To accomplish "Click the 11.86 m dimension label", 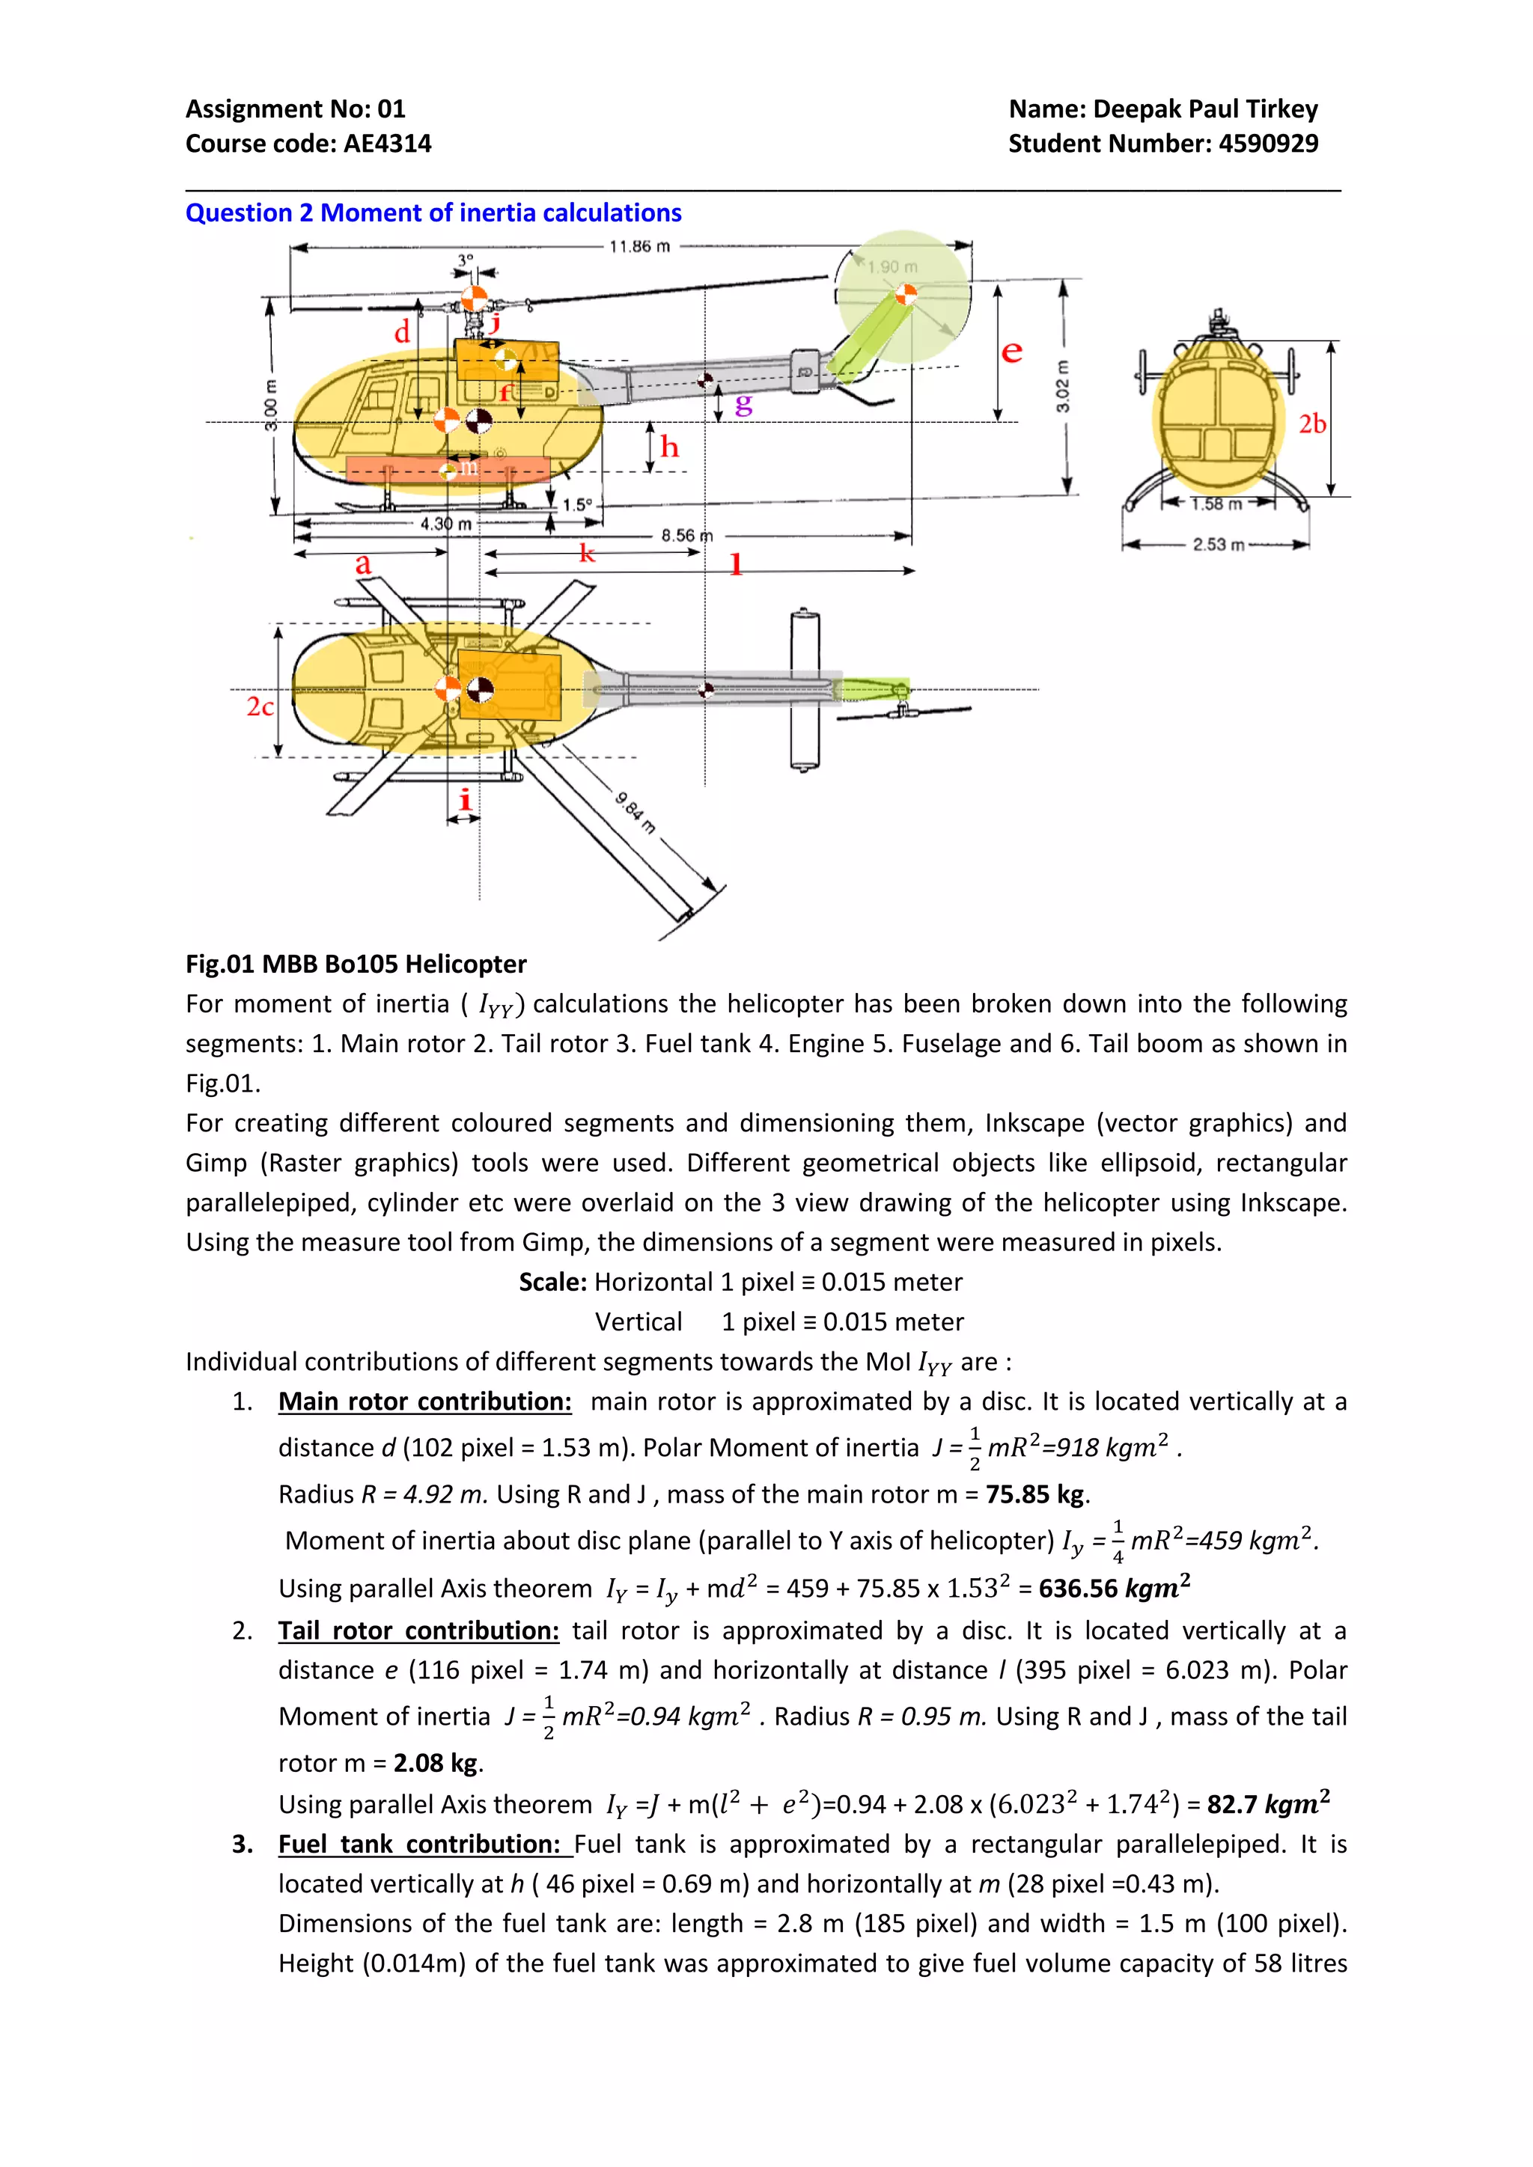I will [x=639, y=246].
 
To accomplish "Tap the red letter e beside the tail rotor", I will [x=1011, y=352].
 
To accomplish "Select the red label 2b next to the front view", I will [x=1312, y=424].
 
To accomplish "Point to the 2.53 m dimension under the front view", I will [x=1218, y=545].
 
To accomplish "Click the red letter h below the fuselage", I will [x=669, y=447].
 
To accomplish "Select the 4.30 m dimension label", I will [x=445, y=524].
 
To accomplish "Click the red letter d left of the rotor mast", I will [x=402, y=332].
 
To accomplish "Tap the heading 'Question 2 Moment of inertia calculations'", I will [x=433, y=213].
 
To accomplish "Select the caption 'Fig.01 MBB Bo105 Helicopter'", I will [x=356, y=964].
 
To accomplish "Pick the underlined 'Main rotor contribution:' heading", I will [x=424, y=1402].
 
